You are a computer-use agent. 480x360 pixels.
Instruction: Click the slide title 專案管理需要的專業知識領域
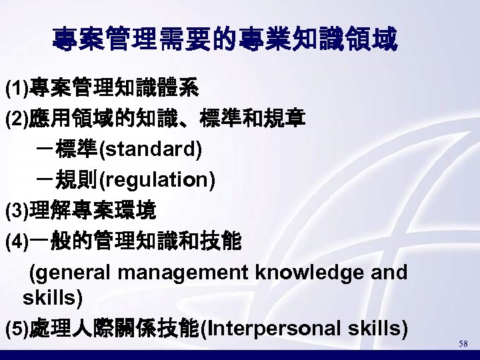(x=225, y=40)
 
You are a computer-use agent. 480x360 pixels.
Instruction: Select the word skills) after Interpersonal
(x=373, y=328)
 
